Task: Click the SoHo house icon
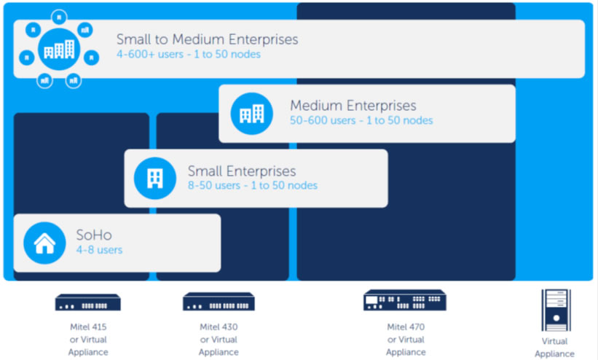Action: coord(44,243)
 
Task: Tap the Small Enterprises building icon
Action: coord(154,178)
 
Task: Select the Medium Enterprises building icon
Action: coord(251,113)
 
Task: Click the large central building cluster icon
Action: coord(59,48)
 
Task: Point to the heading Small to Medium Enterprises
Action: coord(207,39)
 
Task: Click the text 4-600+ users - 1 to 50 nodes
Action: coord(188,54)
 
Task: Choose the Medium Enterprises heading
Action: coord(353,106)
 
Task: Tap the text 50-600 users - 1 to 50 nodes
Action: coord(361,120)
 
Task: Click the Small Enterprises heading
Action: coord(242,171)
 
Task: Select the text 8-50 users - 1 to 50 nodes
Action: coord(253,186)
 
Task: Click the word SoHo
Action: coord(94,235)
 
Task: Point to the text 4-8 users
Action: coord(99,250)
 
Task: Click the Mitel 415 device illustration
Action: coord(87,302)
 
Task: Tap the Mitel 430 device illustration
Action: coord(219,302)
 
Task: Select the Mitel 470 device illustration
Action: coord(405,300)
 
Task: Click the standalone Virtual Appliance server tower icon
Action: coord(554,309)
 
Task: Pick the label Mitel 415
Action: coord(87,326)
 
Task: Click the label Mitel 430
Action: coord(219,327)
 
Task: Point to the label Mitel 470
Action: coord(406,326)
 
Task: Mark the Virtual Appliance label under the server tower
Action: coord(554,348)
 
